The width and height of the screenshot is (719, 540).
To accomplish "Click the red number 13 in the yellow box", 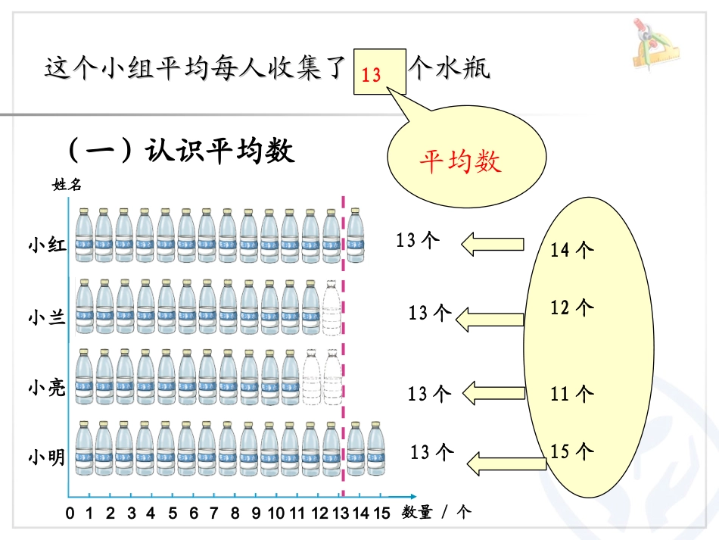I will (x=372, y=76).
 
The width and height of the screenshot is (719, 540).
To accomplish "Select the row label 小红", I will (x=47, y=245).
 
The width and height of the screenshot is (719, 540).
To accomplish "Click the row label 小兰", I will (x=47, y=317).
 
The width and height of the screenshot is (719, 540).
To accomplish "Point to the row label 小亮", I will (x=47, y=389).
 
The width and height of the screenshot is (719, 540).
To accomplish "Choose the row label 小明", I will (x=47, y=457).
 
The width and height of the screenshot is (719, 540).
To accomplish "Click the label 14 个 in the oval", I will (x=571, y=250).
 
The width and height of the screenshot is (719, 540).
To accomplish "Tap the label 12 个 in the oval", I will (x=571, y=307).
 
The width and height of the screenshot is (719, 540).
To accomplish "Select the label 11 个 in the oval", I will (x=571, y=394).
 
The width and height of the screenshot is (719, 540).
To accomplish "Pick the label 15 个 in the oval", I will (x=571, y=451).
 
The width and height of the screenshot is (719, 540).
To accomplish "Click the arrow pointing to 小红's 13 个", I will (x=493, y=244).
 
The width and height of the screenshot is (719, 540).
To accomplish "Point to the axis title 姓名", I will (x=67, y=184).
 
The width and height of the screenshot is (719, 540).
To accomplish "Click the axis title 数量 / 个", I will (x=437, y=513).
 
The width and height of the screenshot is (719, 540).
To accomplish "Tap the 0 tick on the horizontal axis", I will (x=70, y=513).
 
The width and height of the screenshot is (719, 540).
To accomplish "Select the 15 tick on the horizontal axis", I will (x=381, y=513).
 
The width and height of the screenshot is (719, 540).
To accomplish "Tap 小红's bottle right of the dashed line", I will (x=355, y=236).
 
